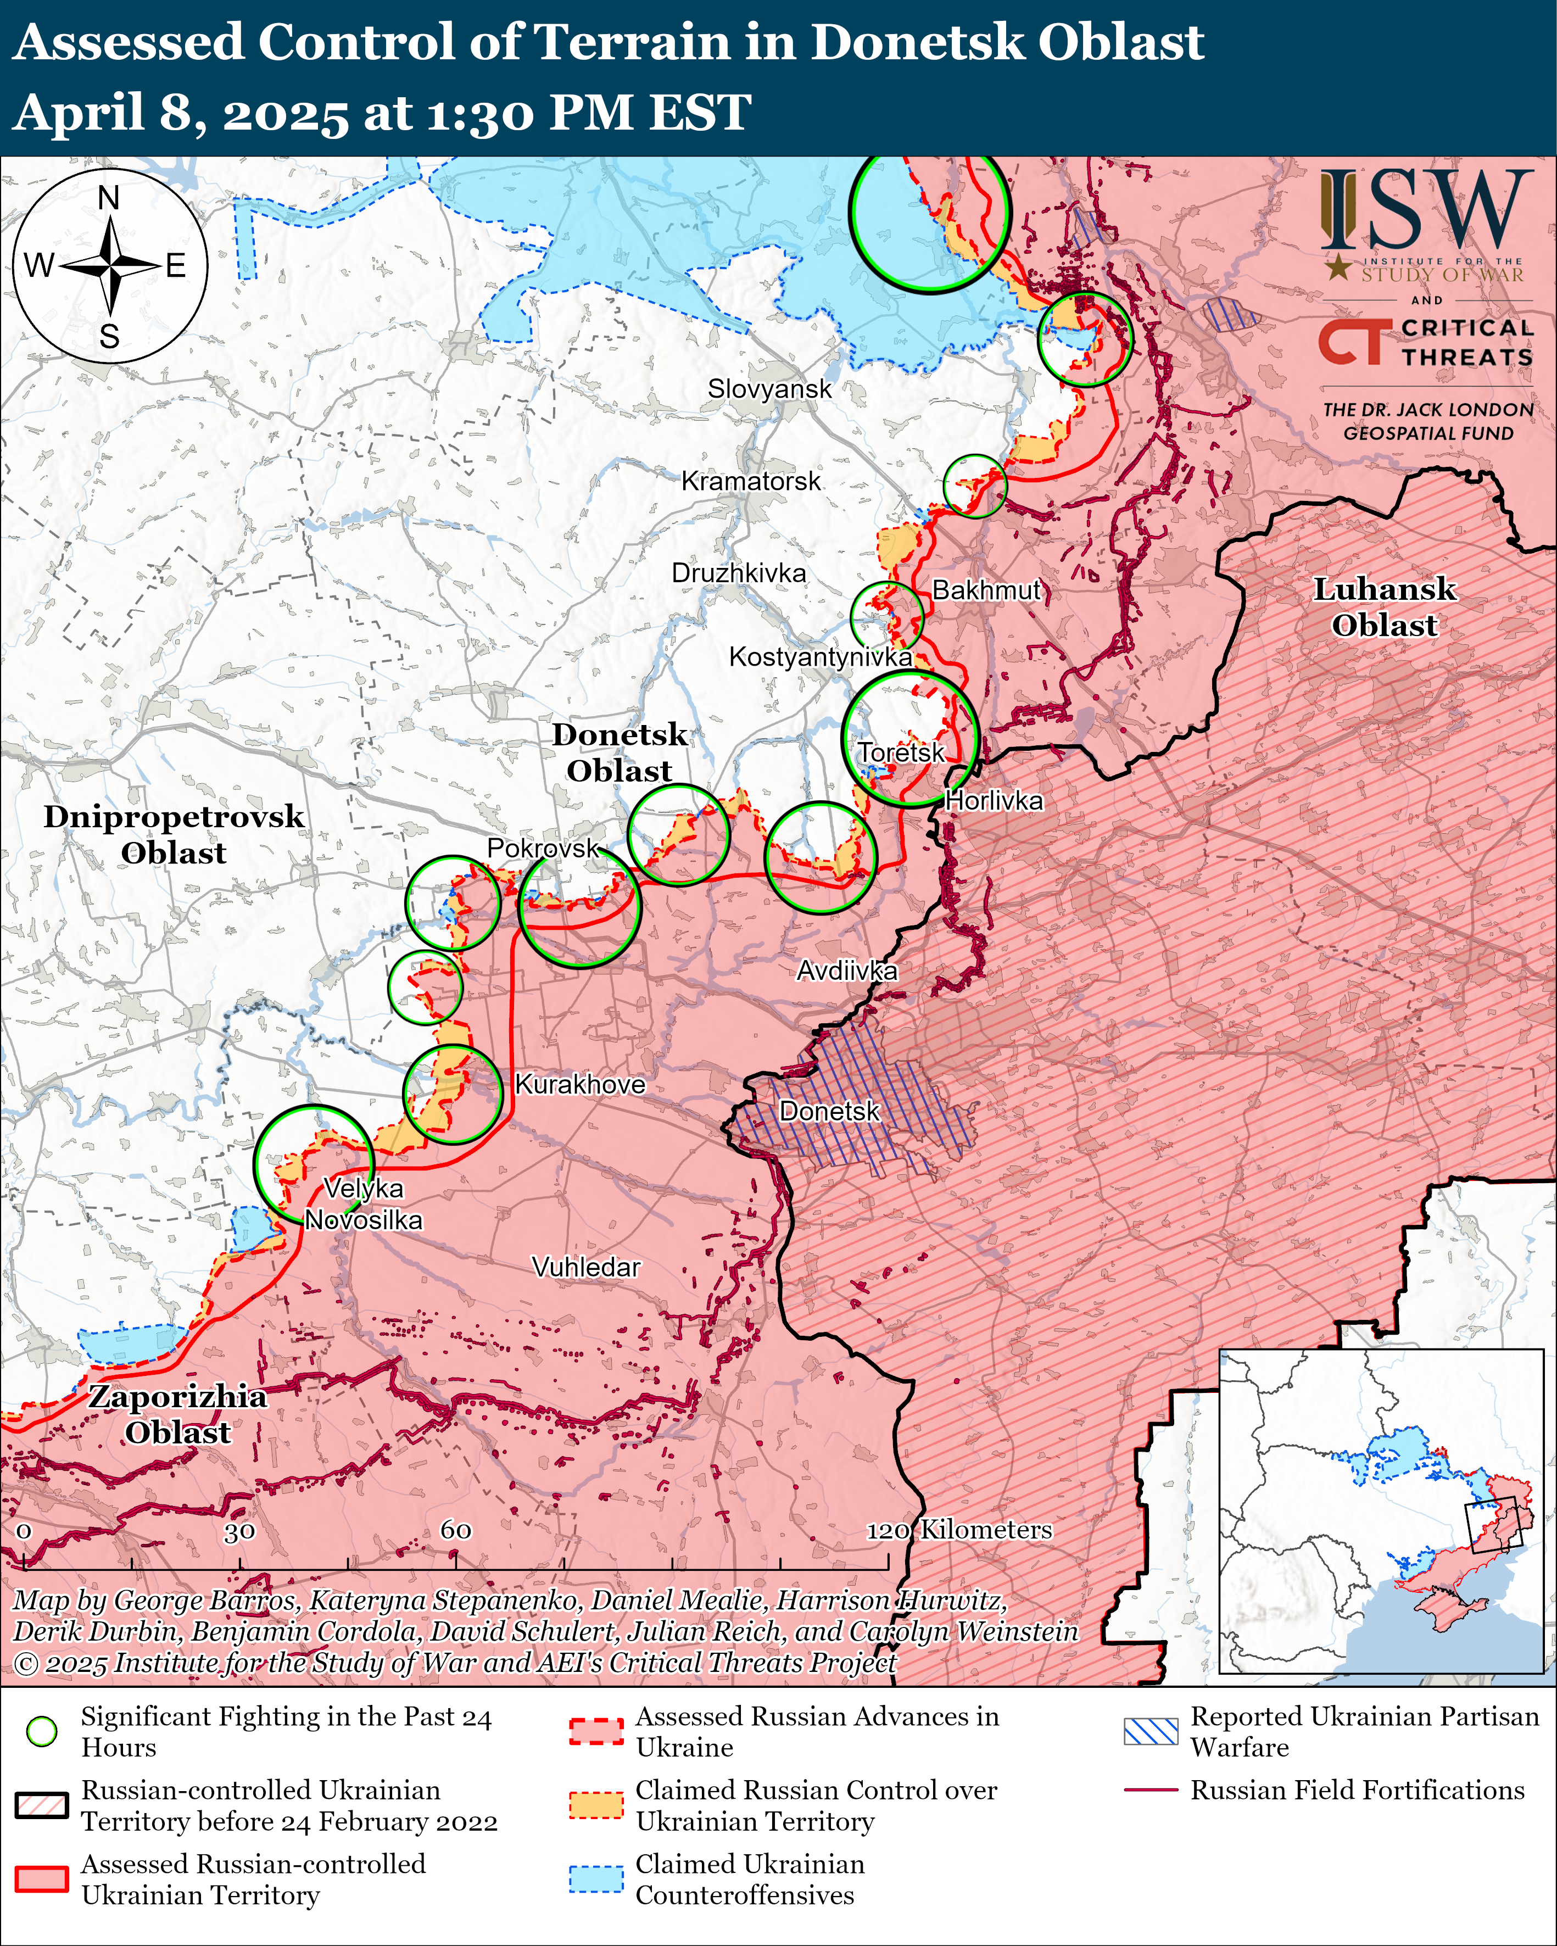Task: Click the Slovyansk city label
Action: pyautogui.click(x=769, y=389)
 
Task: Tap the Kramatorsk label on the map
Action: pyautogui.click(x=751, y=481)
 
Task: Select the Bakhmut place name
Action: pyautogui.click(x=986, y=590)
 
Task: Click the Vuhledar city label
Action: pyautogui.click(x=586, y=1267)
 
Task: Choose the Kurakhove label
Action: pyautogui.click(x=579, y=1084)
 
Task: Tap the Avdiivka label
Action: pyautogui.click(x=847, y=971)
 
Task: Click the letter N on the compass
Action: pyautogui.click(x=108, y=198)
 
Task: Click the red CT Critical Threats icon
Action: pyautogui.click(x=1350, y=342)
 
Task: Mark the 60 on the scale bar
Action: pyautogui.click(x=456, y=1530)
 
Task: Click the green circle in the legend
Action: pyautogui.click(x=42, y=1731)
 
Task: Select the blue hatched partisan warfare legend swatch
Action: pyautogui.click(x=1151, y=1731)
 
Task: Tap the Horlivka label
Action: pyautogui.click(x=994, y=801)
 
